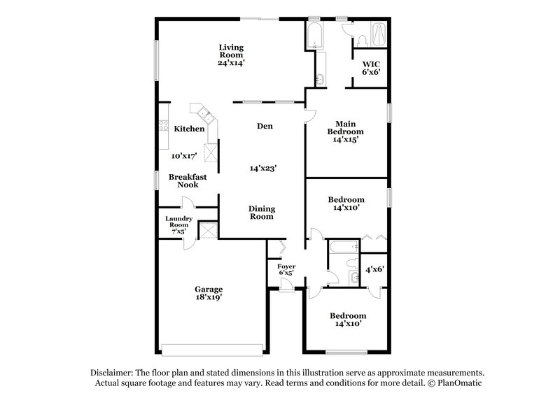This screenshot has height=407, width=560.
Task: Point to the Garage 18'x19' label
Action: click(x=209, y=293)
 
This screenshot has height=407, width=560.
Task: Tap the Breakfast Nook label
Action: click(x=188, y=180)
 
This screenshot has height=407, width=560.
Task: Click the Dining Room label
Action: click(x=262, y=213)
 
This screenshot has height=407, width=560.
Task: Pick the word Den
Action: click(x=264, y=126)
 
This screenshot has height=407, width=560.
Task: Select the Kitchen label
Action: click(x=189, y=129)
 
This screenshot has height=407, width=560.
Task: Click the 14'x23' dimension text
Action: click(x=264, y=168)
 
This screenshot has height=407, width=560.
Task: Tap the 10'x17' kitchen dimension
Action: click(x=184, y=156)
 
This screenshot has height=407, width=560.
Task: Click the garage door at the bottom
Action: click(x=212, y=349)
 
